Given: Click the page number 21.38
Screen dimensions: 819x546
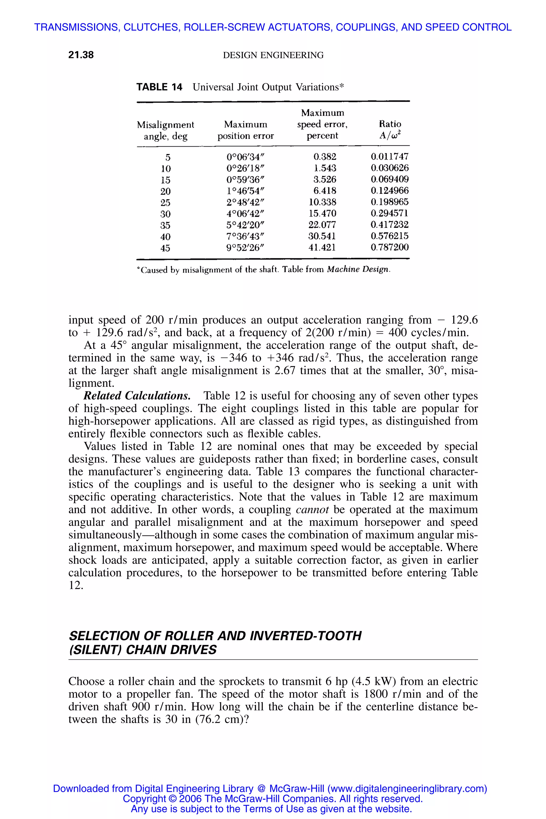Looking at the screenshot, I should pos(81,55).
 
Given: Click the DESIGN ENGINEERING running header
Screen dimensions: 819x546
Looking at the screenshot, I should pos(273,55).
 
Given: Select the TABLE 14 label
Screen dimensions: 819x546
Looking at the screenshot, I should pos(159,87).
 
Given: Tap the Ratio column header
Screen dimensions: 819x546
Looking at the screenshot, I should pos(390,129).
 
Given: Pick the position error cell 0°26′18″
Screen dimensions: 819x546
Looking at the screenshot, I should pos(246,168).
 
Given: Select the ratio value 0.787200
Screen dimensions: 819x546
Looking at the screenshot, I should pos(390,248).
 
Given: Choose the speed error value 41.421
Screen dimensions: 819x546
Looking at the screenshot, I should pos(322,248).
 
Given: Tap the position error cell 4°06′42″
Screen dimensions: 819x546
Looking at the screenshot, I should pos(246,214).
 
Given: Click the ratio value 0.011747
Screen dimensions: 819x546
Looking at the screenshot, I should pos(390,157).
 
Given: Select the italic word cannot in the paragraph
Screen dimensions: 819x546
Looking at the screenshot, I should pos(312,510).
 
